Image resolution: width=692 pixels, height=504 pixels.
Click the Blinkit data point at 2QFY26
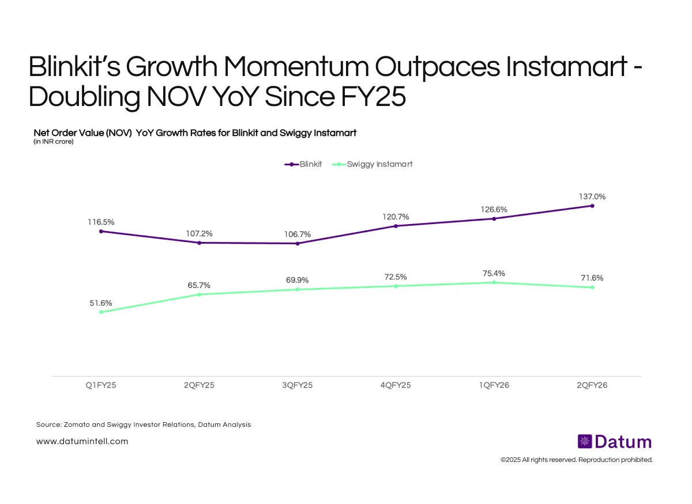(x=592, y=206)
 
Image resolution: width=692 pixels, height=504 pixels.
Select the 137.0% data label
(x=592, y=196)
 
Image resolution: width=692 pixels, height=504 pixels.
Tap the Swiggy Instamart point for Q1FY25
(x=101, y=312)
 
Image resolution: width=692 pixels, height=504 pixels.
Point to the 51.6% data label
(x=101, y=303)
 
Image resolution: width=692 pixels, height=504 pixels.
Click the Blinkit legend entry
(x=303, y=164)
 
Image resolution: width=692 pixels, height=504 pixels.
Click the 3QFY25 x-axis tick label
(x=298, y=385)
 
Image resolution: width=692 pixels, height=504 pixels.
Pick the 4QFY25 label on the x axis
(x=396, y=385)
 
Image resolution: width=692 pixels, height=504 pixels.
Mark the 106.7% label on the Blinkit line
(x=298, y=234)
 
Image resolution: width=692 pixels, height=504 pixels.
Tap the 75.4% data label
(x=494, y=273)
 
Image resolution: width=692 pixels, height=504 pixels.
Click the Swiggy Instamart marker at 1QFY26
(x=494, y=282)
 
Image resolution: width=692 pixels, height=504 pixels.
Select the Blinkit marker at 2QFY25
(x=200, y=242)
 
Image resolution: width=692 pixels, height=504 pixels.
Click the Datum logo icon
(x=585, y=442)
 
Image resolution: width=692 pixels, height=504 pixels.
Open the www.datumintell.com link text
(x=82, y=441)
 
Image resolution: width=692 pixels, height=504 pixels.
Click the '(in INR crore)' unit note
(x=54, y=142)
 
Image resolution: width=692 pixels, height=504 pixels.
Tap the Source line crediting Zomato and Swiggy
(x=144, y=425)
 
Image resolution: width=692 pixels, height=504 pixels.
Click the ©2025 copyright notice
(x=576, y=460)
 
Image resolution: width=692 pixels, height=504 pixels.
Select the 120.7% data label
(x=396, y=217)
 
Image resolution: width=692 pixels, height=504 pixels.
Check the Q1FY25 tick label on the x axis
(x=101, y=385)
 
